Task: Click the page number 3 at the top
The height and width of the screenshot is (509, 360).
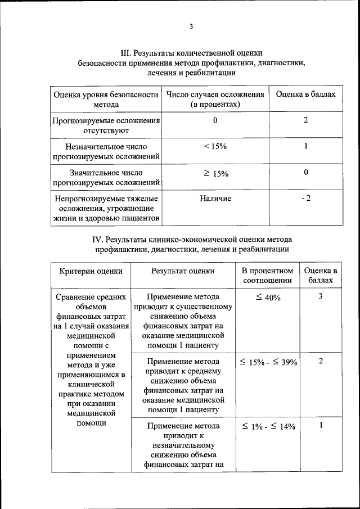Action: (191, 27)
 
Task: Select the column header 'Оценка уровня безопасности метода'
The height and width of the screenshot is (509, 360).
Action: (106, 100)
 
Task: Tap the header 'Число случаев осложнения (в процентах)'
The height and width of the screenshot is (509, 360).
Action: (215, 100)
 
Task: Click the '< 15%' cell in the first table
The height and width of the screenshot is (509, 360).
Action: (215, 146)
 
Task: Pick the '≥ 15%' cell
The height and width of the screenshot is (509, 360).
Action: (215, 174)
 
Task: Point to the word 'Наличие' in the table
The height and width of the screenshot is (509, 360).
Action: (215, 198)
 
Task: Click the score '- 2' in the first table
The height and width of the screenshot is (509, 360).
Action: (305, 198)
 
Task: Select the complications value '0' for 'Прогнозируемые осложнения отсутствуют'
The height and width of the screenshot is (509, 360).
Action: (215, 120)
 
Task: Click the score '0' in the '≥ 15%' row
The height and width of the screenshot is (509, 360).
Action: (305, 173)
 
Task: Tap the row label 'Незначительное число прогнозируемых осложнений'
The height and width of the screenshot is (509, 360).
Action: (106, 151)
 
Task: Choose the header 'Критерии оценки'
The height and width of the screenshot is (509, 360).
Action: (91, 271)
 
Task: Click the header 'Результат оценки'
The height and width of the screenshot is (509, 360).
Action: (182, 271)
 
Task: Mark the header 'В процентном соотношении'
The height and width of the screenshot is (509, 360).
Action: (268, 275)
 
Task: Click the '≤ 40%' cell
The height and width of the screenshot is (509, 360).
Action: (268, 298)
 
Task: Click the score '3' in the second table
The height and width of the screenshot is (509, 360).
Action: (320, 296)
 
